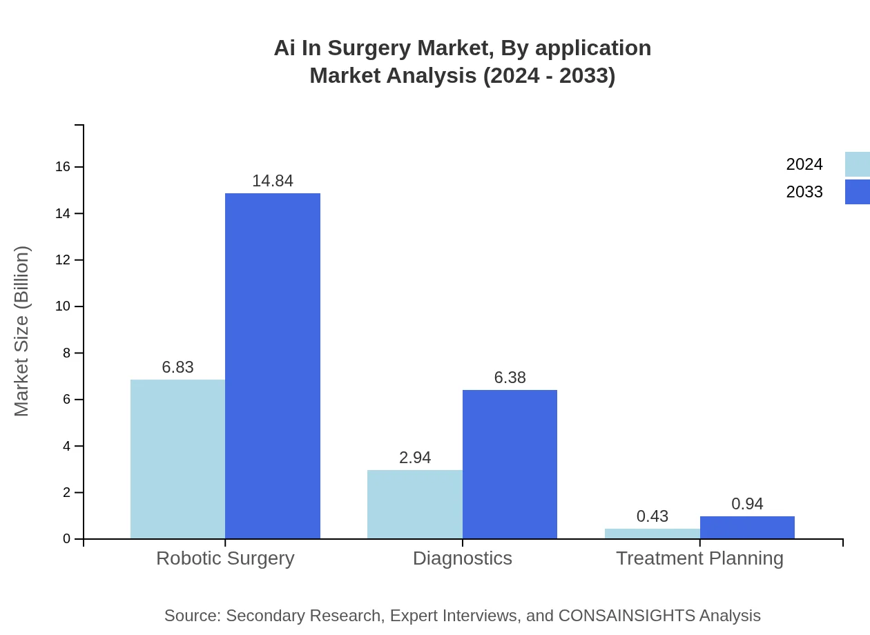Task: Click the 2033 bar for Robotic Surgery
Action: pos(273,366)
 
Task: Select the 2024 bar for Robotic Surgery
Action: pos(177,459)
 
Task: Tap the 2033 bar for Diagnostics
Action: pos(510,464)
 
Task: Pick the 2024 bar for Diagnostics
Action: pos(414,504)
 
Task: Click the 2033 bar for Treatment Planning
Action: pos(747,527)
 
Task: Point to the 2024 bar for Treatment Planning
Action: pos(652,534)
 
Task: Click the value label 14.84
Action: pos(273,181)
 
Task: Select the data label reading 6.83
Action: pos(177,367)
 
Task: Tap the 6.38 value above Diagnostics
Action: pos(510,378)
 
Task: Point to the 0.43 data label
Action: pos(652,516)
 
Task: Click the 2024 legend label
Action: pos(804,164)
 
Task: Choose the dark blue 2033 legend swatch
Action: pos(857,192)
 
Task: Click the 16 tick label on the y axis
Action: pos(63,167)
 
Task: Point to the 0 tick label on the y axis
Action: pos(66,539)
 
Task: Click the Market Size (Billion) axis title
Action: pos(22,331)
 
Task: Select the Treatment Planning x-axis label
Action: pos(699,558)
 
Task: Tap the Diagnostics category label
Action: pos(462,558)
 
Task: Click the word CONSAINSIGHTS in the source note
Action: pos(626,616)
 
